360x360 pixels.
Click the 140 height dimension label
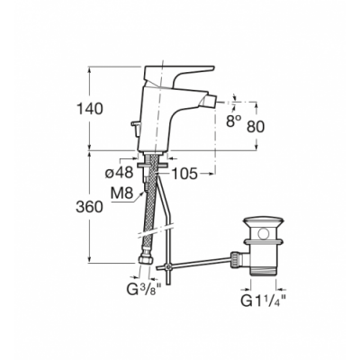click(x=90, y=109)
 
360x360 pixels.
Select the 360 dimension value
click(x=89, y=207)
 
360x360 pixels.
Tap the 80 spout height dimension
click(x=256, y=126)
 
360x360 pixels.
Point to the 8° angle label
click(x=234, y=121)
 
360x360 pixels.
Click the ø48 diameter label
click(x=119, y=173)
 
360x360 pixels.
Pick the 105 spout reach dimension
click(x=184, y=174)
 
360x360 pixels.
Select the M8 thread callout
click(x=121, y=193)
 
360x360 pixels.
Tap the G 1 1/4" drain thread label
click(x=263, y=301)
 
